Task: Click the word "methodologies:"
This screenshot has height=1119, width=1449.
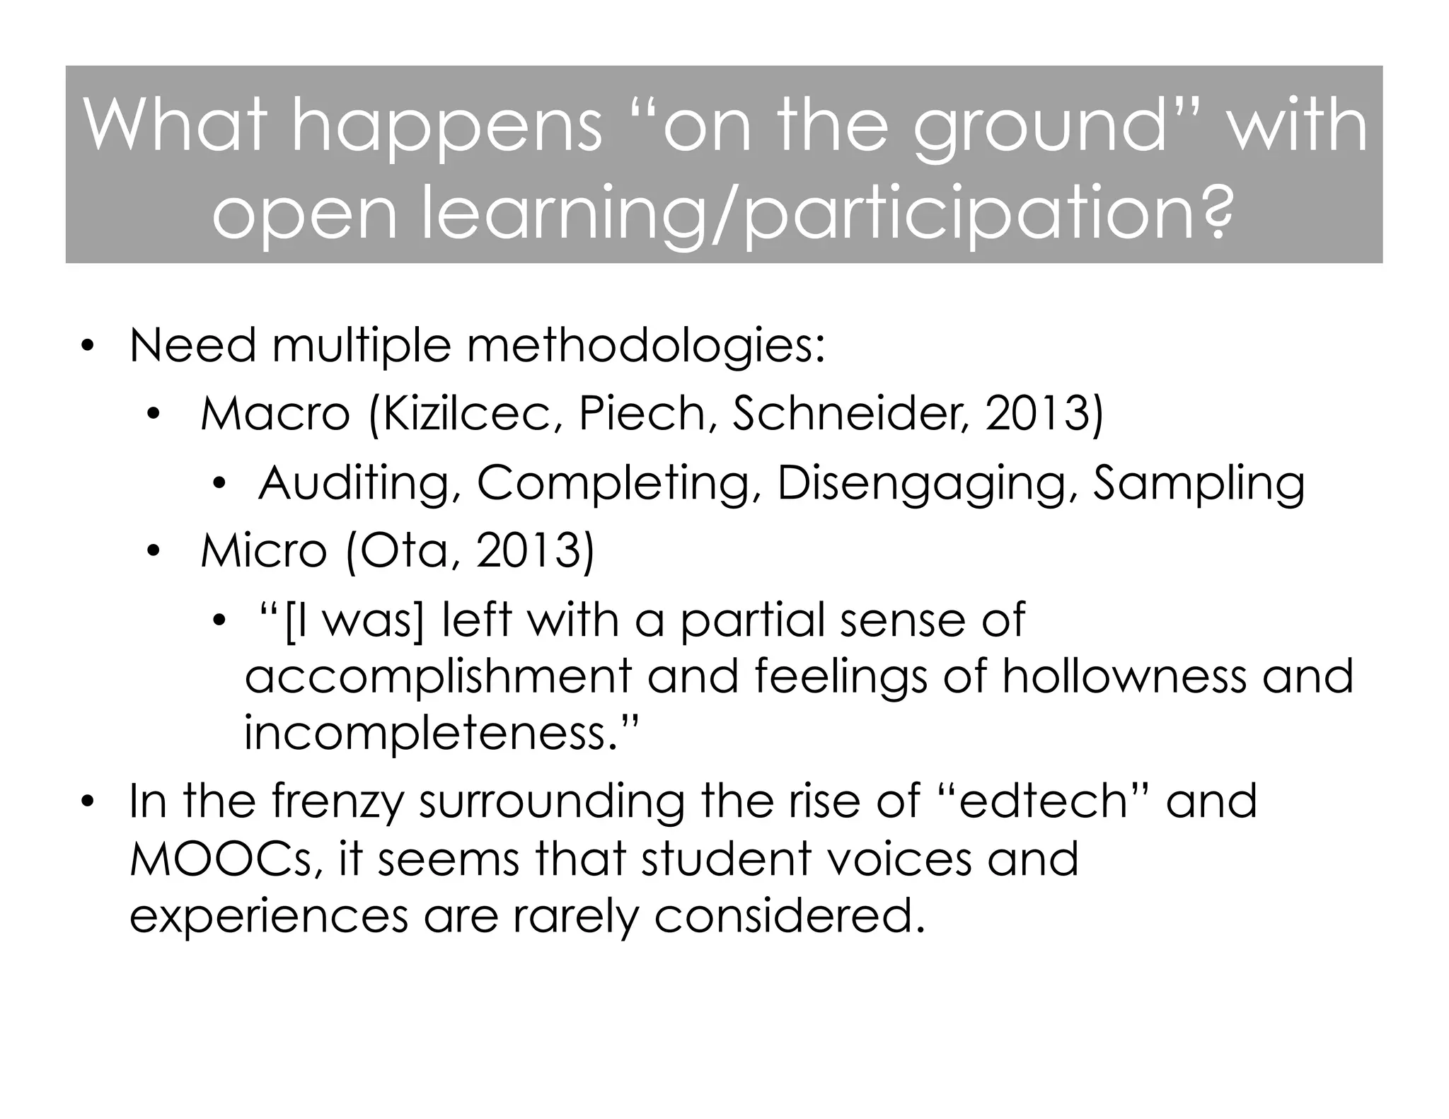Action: [645, 347]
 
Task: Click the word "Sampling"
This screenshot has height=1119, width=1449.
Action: [1199, 484]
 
